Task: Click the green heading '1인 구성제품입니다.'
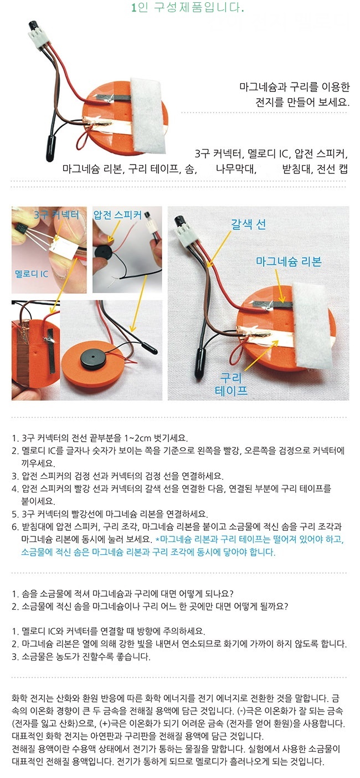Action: pyautogui.click(x=188, y=7)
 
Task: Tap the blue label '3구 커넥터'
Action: pyautogui.click(x=56, y=214)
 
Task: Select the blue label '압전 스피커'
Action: pyautogui.click(x=117, y=214)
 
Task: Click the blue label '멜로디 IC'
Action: pyautogui.click(x=31, y=274)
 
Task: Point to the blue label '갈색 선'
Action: pyautogui.click(x=249, y=224)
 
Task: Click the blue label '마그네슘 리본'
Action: pyautogui.click(x=289, y=261)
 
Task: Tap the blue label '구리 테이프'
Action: pyautogui.click(x=231, y=384)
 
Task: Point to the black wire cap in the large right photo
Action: pyautogui.click(x=199, y=364)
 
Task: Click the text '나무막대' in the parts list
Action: pyautogui.click(x=236, y=169)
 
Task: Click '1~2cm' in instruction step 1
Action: pyautogui.click(x=137, y=438)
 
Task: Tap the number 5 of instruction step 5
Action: pyautogui.click(x=14, y=514)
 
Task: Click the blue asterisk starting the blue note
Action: pyautogui.click(x=158, y=539)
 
